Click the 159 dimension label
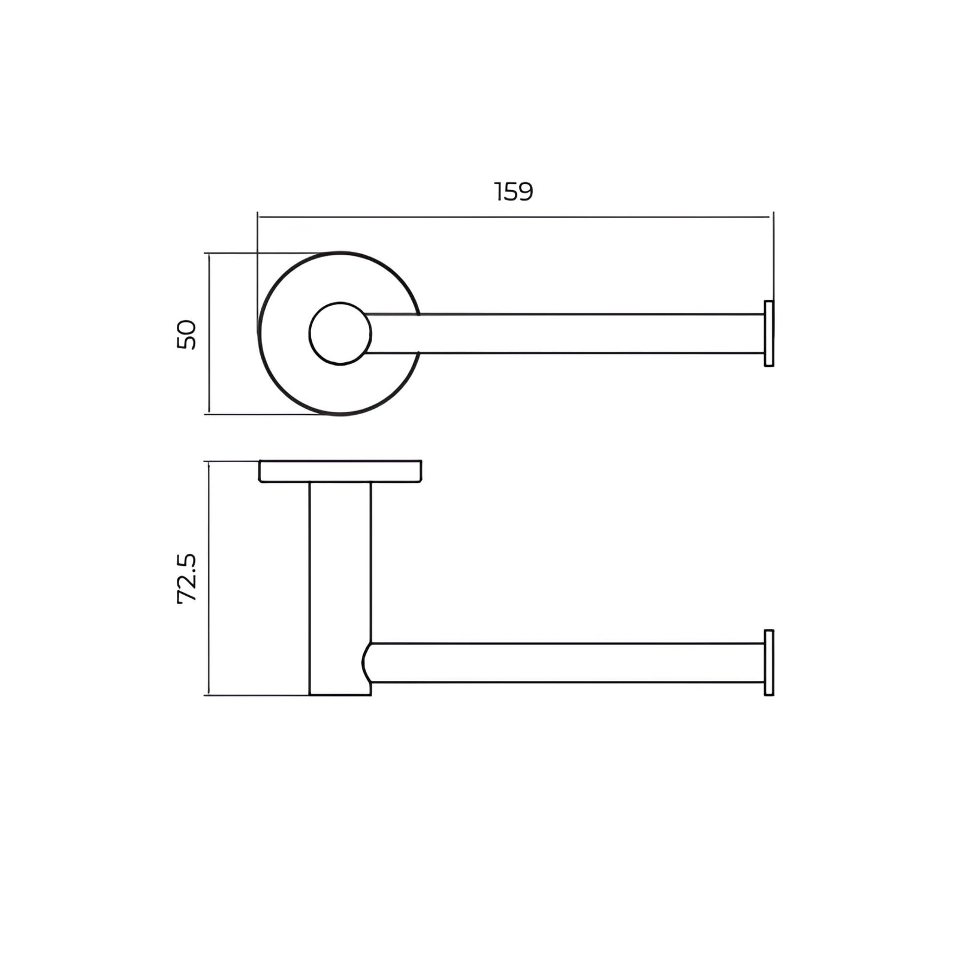click(514, 192)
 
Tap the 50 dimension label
click(187, 334)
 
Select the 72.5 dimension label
click(187, 578)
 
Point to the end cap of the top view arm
click(769, 333)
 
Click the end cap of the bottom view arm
click(769, 662)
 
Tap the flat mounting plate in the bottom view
click(340, 471)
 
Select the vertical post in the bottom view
click(340, 589)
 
